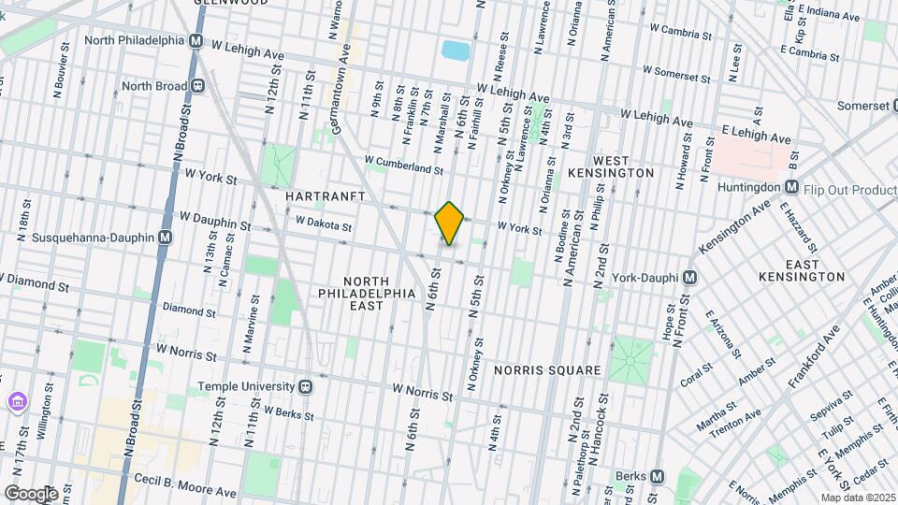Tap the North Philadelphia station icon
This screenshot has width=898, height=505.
(x=196, y=41)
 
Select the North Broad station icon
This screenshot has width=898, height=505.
(x=198, y=86)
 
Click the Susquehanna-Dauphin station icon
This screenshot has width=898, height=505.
(x=165, y=238)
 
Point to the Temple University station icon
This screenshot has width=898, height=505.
(x=305, y=386)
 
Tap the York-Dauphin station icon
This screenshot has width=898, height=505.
(x=689, y=278)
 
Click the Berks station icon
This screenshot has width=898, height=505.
(x=658, y=475)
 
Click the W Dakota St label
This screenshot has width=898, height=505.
(x=323, y=224)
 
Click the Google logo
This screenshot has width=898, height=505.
(x=31, y=493)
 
